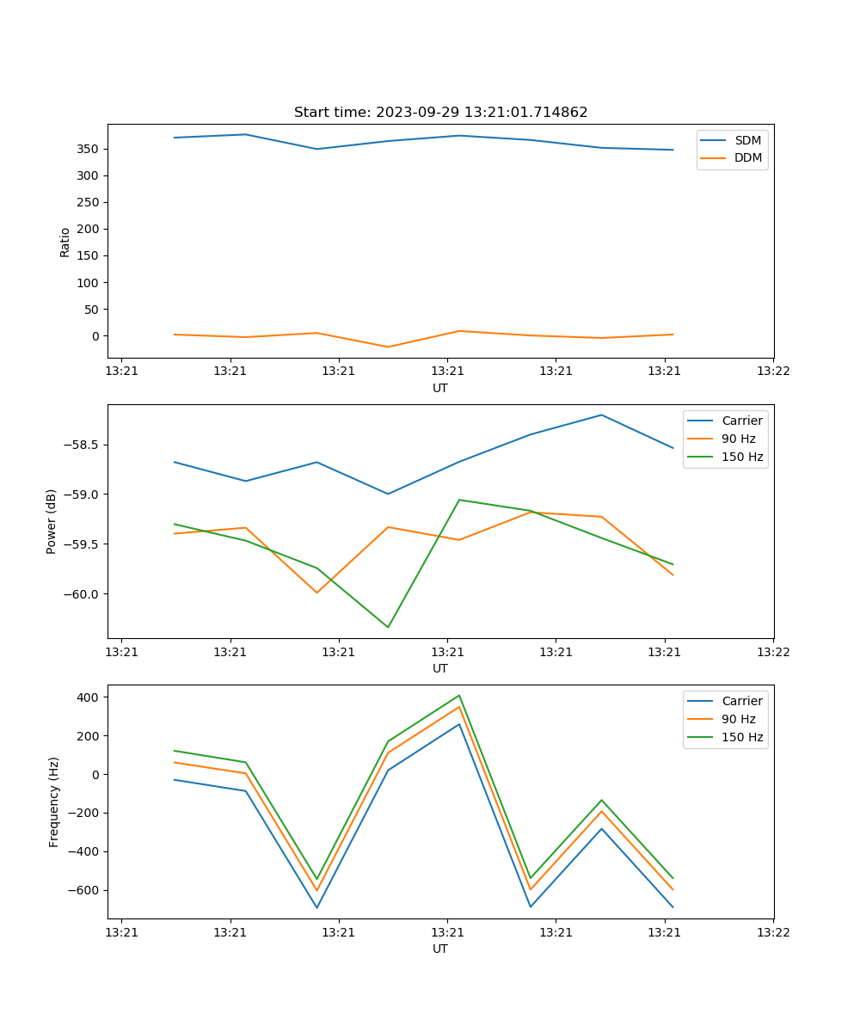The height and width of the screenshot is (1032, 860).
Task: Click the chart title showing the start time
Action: coord(440,113)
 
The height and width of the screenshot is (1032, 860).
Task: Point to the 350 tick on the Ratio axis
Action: coord(89,149)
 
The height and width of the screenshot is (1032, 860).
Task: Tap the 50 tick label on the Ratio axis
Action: coord(93,309)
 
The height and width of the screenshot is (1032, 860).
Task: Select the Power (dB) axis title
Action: coord(52,521)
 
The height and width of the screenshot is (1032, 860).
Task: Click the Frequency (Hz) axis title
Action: coord(54,802)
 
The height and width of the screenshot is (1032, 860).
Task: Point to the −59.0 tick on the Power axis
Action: coord(81,494)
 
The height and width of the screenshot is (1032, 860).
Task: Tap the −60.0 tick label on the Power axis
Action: coord(81,594)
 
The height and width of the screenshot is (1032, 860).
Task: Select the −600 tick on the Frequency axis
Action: coord(85,890)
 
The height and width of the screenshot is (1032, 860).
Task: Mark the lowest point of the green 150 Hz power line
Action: coord(388,627)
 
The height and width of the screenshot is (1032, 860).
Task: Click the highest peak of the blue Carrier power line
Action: coord(601,415)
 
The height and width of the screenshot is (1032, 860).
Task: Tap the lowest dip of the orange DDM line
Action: coord(388,347)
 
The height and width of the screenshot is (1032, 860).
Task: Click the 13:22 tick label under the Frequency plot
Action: coord(772,931)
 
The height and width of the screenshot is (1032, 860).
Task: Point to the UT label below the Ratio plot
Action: coord(440,388)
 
